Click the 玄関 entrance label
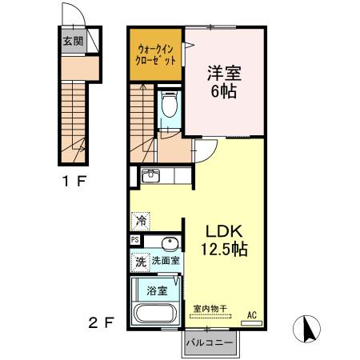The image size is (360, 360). pyautogui.click(x=73, y=41)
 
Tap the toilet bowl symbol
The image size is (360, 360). pyautogui.click(x=170, y=104)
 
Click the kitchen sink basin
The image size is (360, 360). pyautogui.click(x=150, y=176)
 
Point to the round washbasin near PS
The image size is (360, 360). pyautogui.click(x=169, y=243)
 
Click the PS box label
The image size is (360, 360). pyautogui.click(x=135, y=240)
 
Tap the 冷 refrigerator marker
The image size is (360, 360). pyautogui.click(x=141, y=221)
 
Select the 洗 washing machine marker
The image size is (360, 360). pyautogui.click(x=141, y=262)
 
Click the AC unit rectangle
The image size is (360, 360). pyautogui.click(x=251, y=323)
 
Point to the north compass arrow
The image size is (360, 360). pyautogui.click(x=310, y=329)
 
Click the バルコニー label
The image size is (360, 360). pyautogui.click(x=210, y=342)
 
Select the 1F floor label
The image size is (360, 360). pyautogui.click(x=74, y=182)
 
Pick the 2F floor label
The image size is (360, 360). pyautogui.click(x=102, y=323)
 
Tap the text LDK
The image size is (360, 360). pyautogui.click(x=224, y=231)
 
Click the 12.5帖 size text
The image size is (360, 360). pyautogui.click(x=224, y=249)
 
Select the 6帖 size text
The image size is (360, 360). pyautogui.click(x=223, y=91)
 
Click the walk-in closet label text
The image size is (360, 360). pyautogui.click(x=155, y=55)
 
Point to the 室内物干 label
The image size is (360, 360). pyautogui.click(x=210, y=309)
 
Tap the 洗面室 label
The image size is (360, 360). pyautogui.click(x=166, y=261)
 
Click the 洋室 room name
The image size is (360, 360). pyautogui.click(x=224, y=73)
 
